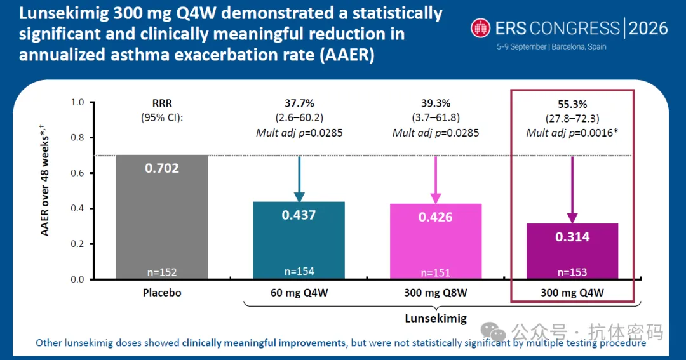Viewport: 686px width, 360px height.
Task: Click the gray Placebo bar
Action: pos(162,217)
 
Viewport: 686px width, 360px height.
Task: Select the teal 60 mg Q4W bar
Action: pos(299,240)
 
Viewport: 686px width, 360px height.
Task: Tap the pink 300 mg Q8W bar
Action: pos(436,241)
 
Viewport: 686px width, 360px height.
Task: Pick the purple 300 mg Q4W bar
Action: pos(572,251)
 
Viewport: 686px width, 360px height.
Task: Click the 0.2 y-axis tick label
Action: pos(77,244)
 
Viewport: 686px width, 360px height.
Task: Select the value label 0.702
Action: pos(162,168)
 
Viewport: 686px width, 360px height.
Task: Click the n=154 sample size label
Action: pos(299,271)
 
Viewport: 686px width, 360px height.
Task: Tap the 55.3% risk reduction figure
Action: pos(572,104)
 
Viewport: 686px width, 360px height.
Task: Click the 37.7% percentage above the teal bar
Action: pos(299,103)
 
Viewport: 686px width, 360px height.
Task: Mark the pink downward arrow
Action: pos(436,180)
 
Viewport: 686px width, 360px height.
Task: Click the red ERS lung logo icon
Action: pos(480,28)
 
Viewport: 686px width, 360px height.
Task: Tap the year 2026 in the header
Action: pos(649,29)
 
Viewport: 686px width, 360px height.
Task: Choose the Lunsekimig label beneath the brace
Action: pos(436,318)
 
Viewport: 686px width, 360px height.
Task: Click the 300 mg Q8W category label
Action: pos(436,293)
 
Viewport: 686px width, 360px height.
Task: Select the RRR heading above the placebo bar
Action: pos(162,103)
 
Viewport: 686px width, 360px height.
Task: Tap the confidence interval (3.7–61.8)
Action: pos(436,117)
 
